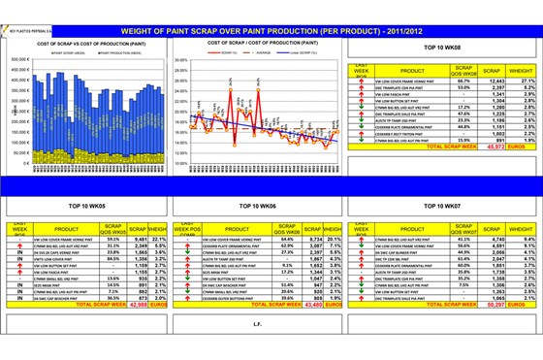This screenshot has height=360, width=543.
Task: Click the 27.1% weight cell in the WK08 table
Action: [x=520, y=81]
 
